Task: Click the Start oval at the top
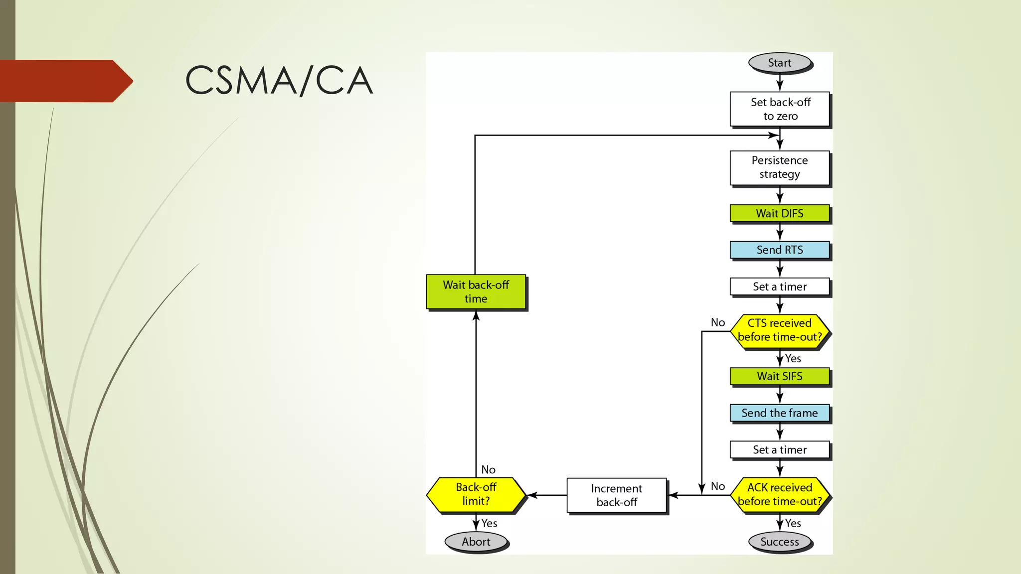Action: tap(780, 63)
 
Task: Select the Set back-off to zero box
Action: tap(780, 109)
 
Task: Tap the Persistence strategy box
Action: tap(780, 167)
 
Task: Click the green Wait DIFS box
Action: tap(780, 213)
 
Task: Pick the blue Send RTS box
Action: tap(780, 250)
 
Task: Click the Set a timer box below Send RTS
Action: tap(780, 287)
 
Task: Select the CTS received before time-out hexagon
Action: tap(780, 330)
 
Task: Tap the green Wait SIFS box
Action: tap(780, 376)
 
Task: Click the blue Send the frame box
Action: tap(780, 413)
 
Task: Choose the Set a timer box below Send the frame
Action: tap(780, 449)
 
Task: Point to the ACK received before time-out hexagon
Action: tap(780, 494)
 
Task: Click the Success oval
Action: tap(780, 542)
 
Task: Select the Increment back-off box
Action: tap(617, 495)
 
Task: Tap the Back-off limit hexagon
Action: tap(476, 494)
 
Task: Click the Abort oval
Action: tap(476, 542)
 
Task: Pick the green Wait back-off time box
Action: tap(476, 292)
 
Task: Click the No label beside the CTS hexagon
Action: tap(718, 322)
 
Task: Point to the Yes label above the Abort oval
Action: tap(489, 523)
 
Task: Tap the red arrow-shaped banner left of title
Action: tap(65, 81)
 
